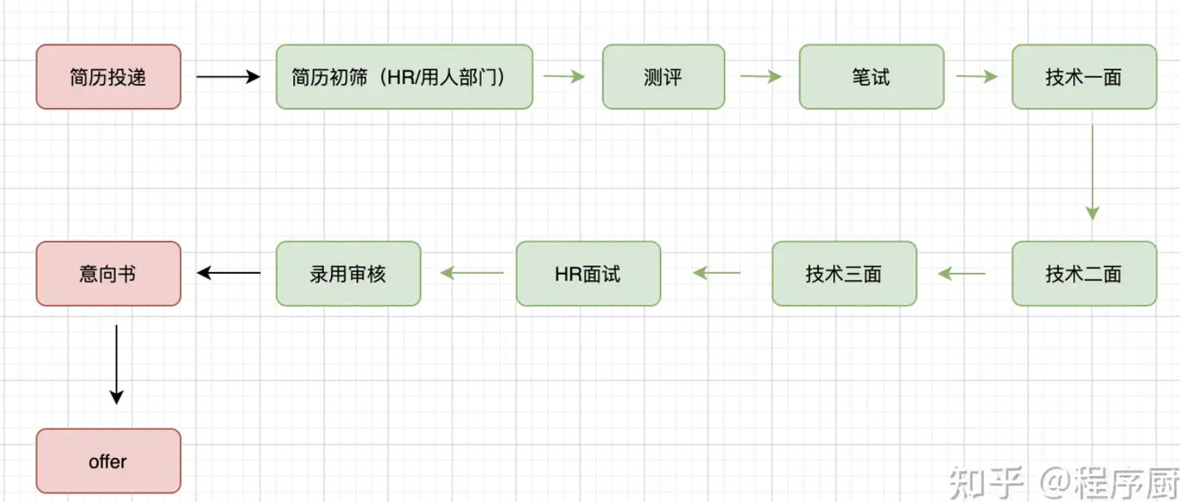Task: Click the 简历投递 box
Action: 108,76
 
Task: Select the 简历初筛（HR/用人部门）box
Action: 404,76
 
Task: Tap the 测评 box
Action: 663,76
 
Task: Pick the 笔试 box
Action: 871,76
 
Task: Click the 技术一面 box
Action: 1084,76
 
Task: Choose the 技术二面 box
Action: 1084,274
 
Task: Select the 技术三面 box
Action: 844,274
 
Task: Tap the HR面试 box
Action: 588,274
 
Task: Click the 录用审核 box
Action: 348,274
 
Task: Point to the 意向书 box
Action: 108,274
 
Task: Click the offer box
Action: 108,461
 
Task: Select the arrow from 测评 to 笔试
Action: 761,76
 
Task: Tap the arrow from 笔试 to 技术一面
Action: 977,76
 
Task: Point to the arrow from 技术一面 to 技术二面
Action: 1092,172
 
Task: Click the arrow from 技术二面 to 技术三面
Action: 961,274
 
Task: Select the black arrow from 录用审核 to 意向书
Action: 228,274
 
